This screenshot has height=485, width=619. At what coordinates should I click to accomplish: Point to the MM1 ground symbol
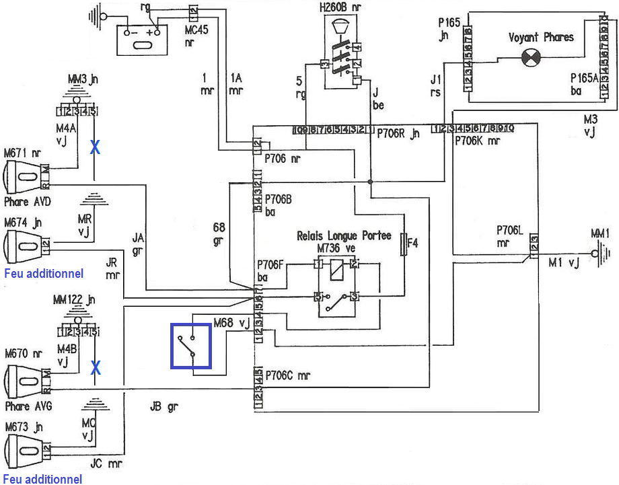(x=600, y=254)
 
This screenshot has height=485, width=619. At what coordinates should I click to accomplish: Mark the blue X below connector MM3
(x=95, y=148)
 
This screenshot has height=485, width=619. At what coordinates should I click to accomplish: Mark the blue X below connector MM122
(x=96, y=367)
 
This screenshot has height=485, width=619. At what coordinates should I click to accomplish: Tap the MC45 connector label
(x=193, y=34)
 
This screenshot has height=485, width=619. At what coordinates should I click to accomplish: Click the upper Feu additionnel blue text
(x=44, y=274)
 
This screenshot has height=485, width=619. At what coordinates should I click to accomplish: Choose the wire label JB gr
(x=165, y=406)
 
